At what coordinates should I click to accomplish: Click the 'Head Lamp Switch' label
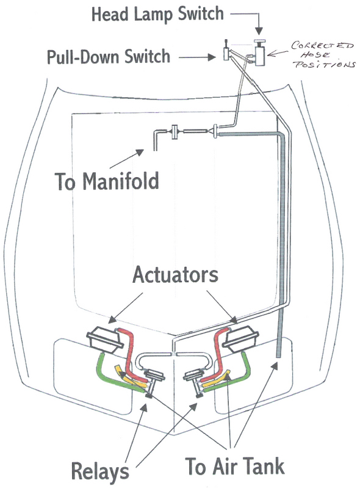click(157, 14)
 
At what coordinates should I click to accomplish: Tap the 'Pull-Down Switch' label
click(109, 56)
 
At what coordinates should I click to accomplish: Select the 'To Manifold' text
click(107, 181)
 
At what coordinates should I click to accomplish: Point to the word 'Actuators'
click(175, 275)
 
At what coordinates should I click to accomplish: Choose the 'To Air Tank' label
click(235, 466)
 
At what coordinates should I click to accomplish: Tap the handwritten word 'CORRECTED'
click(322, 46)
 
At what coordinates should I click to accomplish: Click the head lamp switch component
click(259, 53)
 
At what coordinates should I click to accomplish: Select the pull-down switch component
click(226, 51)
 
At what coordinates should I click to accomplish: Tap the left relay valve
click(154, 381)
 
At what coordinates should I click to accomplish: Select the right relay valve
click(195, 381)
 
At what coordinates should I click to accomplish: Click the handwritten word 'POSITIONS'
click(325, 64)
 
